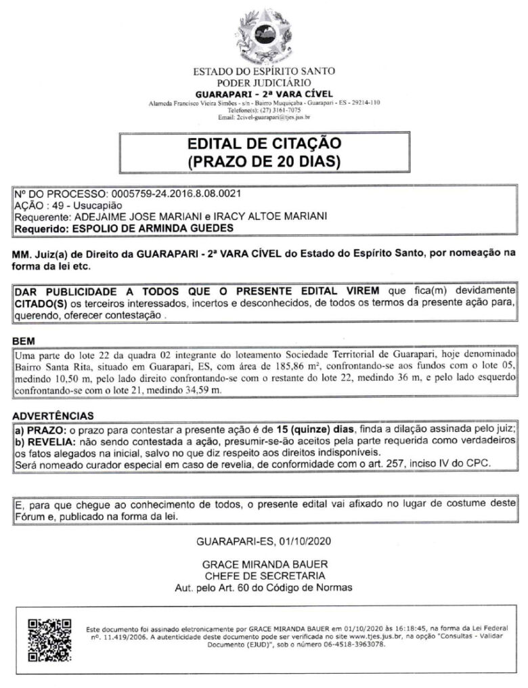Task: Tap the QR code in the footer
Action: (x=48, y=640)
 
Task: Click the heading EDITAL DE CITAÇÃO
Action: (x=264, y=145)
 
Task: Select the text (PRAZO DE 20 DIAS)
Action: (x=264, y=162)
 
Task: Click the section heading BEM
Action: (x=24, y=340)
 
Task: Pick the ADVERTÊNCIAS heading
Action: (x=53, y=415)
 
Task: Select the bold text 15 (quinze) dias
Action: (x=307, y=429)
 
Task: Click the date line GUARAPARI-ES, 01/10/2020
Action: (x=264, y=542)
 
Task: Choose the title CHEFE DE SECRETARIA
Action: (x=264, y=576)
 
